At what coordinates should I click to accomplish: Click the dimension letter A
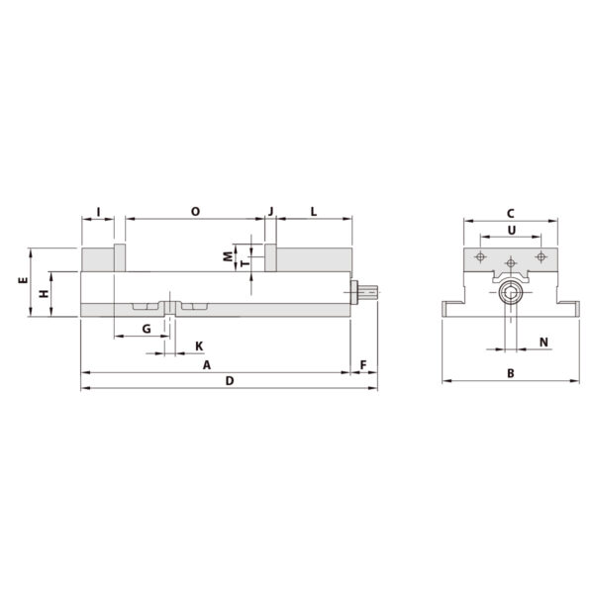click(207, 365)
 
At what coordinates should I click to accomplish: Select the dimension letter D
click(230, 381)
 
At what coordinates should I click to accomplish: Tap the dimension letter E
click(21, 282)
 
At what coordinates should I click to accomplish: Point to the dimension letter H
click(43, 295)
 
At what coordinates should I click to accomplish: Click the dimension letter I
click(97, 211)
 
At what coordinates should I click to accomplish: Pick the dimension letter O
click(194, 211)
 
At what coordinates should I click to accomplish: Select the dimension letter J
click(270, 211)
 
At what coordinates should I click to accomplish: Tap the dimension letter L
click(314, 211)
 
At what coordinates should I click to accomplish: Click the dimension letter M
click(227, 255)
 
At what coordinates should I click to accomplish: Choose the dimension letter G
click(146, 328)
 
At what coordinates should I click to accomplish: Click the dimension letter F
click(363, 365)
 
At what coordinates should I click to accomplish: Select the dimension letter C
click(510, 213)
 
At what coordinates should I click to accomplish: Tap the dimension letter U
click(510, 230)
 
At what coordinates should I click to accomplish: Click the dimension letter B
click(510, 373)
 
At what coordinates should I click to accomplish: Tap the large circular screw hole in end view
click(510, 293)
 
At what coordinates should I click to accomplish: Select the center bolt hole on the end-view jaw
click(510, 263)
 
